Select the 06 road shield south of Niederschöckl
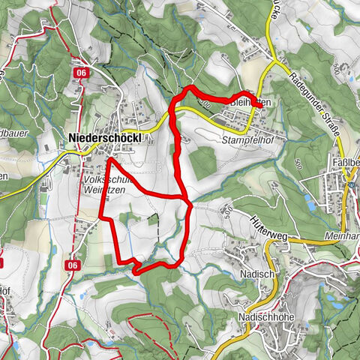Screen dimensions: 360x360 click(x=73, y=265)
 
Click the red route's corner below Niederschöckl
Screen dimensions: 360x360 click(x=108, y=160)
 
